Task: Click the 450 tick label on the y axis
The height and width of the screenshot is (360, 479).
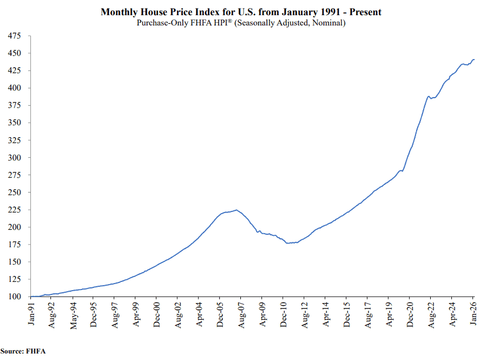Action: (14, 53)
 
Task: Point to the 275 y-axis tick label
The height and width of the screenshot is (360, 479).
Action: (14, 158)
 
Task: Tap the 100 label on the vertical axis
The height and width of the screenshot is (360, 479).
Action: (14, 297)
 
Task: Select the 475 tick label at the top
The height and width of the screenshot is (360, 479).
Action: (14, 36)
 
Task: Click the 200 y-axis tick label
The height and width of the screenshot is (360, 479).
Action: (14, 227)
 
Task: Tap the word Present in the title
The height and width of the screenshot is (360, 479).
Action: (365, 12)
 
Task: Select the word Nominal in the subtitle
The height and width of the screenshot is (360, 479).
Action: (328, 23)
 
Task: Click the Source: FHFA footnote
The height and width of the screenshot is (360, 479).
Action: (23, 351)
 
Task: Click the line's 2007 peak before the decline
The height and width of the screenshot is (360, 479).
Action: (236, 210)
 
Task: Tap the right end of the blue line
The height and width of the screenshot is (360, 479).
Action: (474, 60)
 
